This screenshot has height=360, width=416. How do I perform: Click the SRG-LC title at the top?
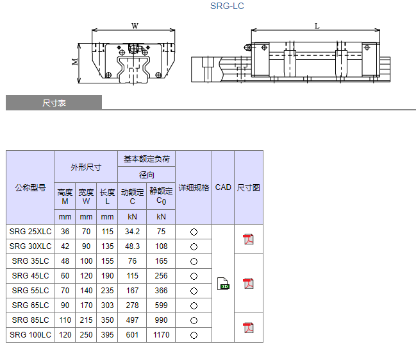[227, 6]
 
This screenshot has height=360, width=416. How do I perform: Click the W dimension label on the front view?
[135, 26]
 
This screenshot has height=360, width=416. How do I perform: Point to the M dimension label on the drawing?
[75, 62]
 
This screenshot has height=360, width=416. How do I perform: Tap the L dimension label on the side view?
[317, 26]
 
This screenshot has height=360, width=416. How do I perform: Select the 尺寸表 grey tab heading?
[54, 103]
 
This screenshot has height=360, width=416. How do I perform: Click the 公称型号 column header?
[30, 187]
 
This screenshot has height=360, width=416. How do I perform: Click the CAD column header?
[223, 187]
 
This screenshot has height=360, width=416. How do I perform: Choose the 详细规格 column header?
[194, 187]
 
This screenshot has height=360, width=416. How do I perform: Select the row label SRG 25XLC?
[30, 232]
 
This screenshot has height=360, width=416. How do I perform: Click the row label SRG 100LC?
[30, 335]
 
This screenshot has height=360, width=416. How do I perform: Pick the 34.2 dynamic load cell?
[132, 232]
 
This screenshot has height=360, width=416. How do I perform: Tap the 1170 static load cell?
[161, 335]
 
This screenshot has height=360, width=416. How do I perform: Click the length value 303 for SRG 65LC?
[107, 305]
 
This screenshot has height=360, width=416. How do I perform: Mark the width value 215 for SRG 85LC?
[86, 320]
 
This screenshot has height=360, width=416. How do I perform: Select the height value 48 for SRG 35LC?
[65, 261]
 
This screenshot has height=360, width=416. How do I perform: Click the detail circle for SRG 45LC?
[194, 276]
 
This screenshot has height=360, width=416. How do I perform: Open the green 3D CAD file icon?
[223, 283]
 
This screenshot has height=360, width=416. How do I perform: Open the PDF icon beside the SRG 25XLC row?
[248, 239]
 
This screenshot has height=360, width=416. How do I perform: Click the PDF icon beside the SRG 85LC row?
[248, 328]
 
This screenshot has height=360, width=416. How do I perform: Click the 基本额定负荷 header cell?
[146, 159]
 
